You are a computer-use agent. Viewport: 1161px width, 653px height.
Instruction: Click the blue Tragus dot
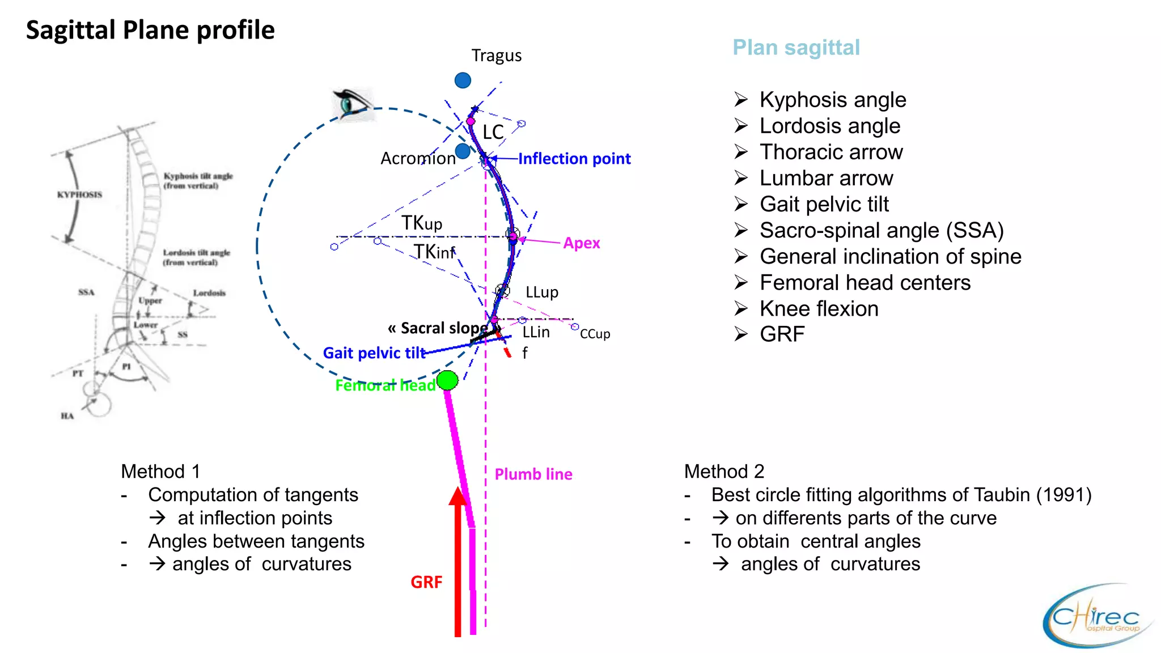coord(463,80)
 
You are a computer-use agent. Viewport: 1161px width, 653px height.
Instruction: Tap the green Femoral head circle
coord(447,380)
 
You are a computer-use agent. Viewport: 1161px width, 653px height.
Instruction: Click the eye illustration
coord(353,104)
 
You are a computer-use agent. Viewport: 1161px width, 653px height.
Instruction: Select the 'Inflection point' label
coord(574,159)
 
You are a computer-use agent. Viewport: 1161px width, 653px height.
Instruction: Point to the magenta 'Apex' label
coord(581,243)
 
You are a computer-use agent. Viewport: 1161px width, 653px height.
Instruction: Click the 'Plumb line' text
coord(533,474)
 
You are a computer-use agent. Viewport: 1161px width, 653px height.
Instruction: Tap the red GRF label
coord(426,582)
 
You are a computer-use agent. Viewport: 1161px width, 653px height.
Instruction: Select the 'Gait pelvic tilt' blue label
coord(374,353)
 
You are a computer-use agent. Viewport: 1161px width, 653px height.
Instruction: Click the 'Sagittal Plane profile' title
coord(150,30)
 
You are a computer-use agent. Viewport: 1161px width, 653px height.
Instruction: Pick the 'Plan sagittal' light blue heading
coord(795,48)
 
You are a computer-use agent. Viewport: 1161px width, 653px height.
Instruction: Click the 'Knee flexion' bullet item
coord(819,309)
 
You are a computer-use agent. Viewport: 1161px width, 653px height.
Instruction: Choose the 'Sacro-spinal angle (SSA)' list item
coord(881,231)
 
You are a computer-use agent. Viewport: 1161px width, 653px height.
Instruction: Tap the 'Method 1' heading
coord(160,472)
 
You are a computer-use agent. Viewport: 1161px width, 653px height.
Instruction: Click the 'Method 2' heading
coord(724,472)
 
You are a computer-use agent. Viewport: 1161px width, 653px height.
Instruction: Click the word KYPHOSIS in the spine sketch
coord(79,194)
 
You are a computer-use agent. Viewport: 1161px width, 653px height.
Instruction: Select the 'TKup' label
coord(421,223)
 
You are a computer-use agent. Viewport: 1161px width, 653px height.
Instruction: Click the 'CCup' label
coord(595,334)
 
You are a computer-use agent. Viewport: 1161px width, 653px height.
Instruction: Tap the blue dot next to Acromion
coord(463,151)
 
